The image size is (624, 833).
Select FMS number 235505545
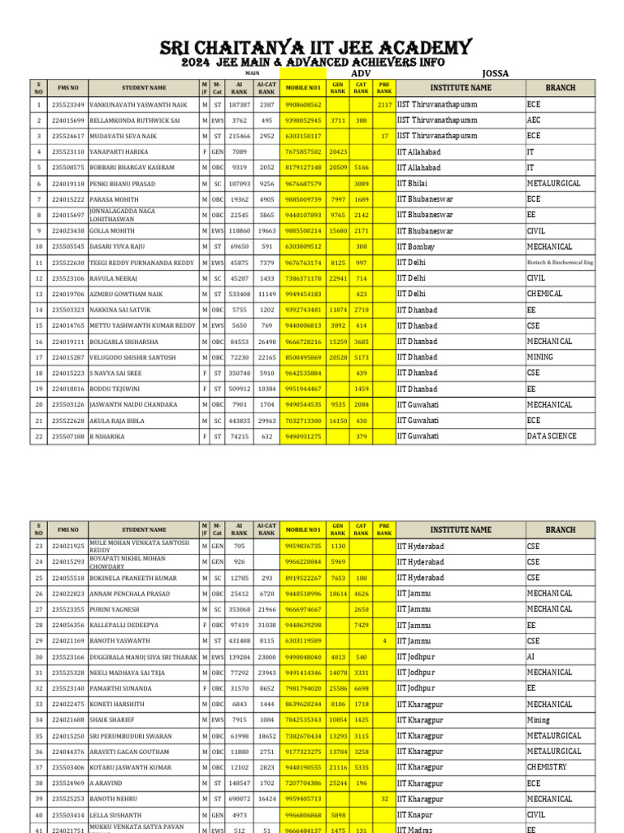(67, 246)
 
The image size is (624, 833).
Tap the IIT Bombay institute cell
(416, 246)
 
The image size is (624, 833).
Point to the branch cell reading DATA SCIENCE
(552, 436)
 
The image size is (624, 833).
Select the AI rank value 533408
(240, 294)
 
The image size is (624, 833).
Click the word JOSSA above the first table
(496, 73)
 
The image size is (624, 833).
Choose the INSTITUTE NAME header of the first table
(461, 88)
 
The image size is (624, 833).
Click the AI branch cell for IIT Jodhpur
(531, 656)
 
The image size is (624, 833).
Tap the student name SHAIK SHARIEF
(112, 720)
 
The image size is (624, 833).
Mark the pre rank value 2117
(384, 105)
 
